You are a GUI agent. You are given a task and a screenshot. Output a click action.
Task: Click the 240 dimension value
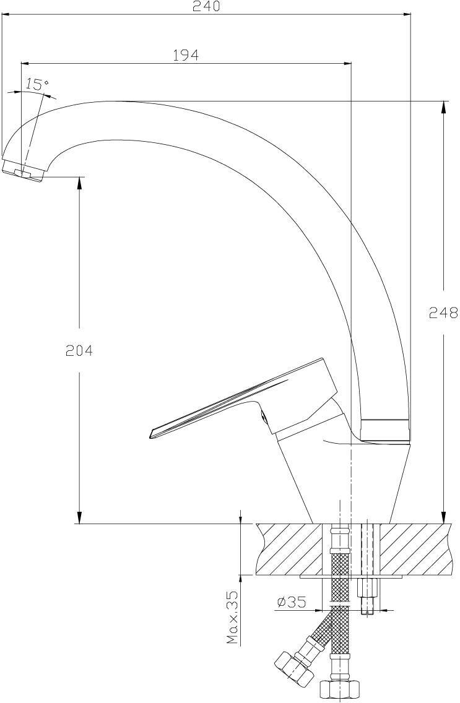(x=207, y=6)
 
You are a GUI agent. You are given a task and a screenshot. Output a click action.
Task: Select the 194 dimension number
(x=186, y=55)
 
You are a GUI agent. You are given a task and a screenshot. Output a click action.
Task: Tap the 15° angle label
(x=37, y=84)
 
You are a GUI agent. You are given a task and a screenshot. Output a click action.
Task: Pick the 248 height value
(x=443, y=312)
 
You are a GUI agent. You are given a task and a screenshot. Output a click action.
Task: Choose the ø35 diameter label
(x=292, y=602)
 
